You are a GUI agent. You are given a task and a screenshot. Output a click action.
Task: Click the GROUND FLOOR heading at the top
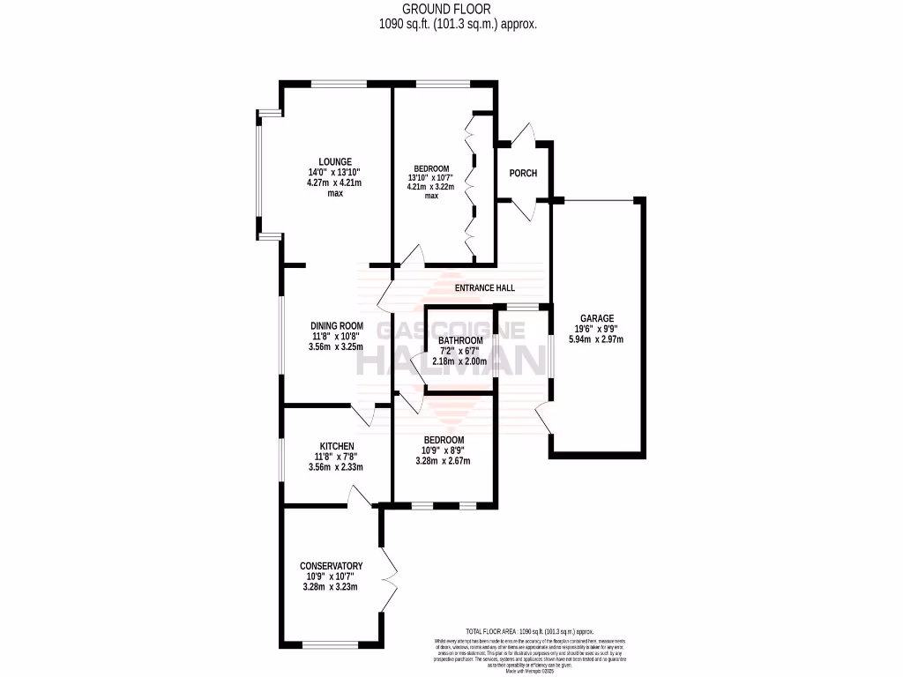click(x=451, y=9)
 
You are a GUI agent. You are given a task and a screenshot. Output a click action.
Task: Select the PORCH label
click(x=523, y=174)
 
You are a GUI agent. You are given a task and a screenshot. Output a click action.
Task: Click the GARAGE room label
click(x=597, y=319)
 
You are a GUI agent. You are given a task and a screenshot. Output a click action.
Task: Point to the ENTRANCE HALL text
click(x=484, y=288)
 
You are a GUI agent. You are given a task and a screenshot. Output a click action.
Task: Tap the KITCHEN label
click(x=336, y=446)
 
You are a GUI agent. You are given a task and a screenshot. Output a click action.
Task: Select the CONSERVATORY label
click(x=331, y=566)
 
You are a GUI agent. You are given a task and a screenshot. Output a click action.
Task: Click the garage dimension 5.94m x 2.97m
click(x=597, y=339)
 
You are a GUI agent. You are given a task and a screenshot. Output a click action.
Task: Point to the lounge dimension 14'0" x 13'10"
click(x=335, y=173)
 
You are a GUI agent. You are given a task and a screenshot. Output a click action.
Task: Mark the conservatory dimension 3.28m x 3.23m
click(x=331, y=587)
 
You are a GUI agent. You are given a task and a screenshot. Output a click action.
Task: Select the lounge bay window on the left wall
click(x=258, y=175)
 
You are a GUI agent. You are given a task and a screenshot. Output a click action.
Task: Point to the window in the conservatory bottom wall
click(x=331, y=644)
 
